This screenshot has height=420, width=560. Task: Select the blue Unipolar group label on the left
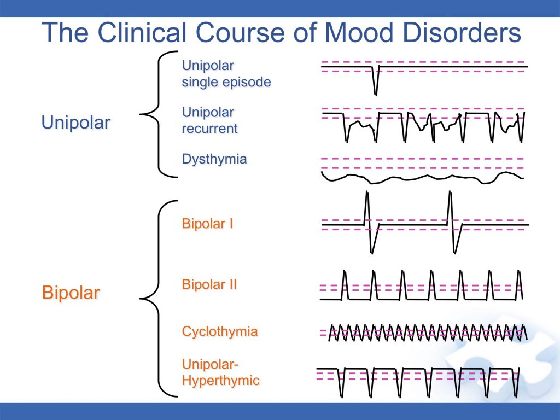pos(75,122)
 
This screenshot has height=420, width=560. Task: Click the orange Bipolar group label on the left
pos(71,293)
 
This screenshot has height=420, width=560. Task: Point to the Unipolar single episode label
pos(226,74)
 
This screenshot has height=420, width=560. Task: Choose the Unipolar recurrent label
pos(209,120)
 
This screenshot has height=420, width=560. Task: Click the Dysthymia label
pos(214,159)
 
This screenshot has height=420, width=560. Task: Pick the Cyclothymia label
pos(219,331)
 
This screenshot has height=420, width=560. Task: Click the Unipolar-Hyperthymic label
pos(220,372)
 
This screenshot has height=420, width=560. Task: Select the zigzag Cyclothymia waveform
pos(427,332)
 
